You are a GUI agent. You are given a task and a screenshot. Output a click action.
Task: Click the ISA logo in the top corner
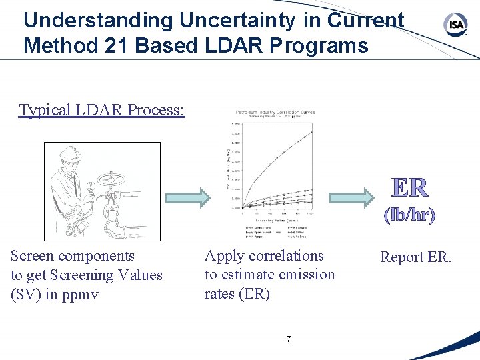[455, 25]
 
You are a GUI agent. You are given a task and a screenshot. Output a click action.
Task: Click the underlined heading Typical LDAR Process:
[102, 109]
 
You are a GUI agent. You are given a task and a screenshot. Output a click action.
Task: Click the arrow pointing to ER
[351, 196]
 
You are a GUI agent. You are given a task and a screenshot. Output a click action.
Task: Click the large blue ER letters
[409, 187]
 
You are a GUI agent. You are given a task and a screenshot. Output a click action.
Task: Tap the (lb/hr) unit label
[409, 215]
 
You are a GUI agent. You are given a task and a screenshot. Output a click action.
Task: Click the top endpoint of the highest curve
[311, 132]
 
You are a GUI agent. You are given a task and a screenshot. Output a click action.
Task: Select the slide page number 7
[288, 339]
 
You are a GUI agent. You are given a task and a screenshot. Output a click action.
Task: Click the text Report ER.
[415, 257]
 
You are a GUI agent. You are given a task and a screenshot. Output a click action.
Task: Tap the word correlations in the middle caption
[287, 256]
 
